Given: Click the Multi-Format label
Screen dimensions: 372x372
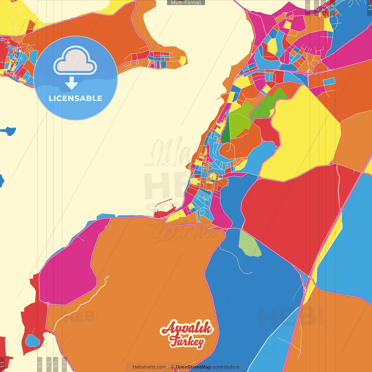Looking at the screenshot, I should click(x=186, y=3).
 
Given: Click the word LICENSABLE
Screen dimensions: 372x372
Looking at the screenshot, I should click(x=76, y=98).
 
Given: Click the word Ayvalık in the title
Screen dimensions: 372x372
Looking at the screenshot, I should click(x=187, y=328).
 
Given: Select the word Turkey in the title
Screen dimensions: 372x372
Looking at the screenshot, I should click(x=187, y=342).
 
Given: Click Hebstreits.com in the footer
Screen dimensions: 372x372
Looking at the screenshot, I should click(x=149, y=367).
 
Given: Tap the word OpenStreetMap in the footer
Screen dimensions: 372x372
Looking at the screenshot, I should click(x=193, y=367).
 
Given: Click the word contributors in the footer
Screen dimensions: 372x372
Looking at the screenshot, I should click(x=226, y=367).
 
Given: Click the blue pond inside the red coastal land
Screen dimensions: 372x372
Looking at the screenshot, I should click(x=32, y=341).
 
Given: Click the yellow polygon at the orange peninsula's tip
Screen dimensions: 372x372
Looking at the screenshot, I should click(x=183, y=60).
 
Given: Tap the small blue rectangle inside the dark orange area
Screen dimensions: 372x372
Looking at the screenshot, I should click(x=329, y=82).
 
